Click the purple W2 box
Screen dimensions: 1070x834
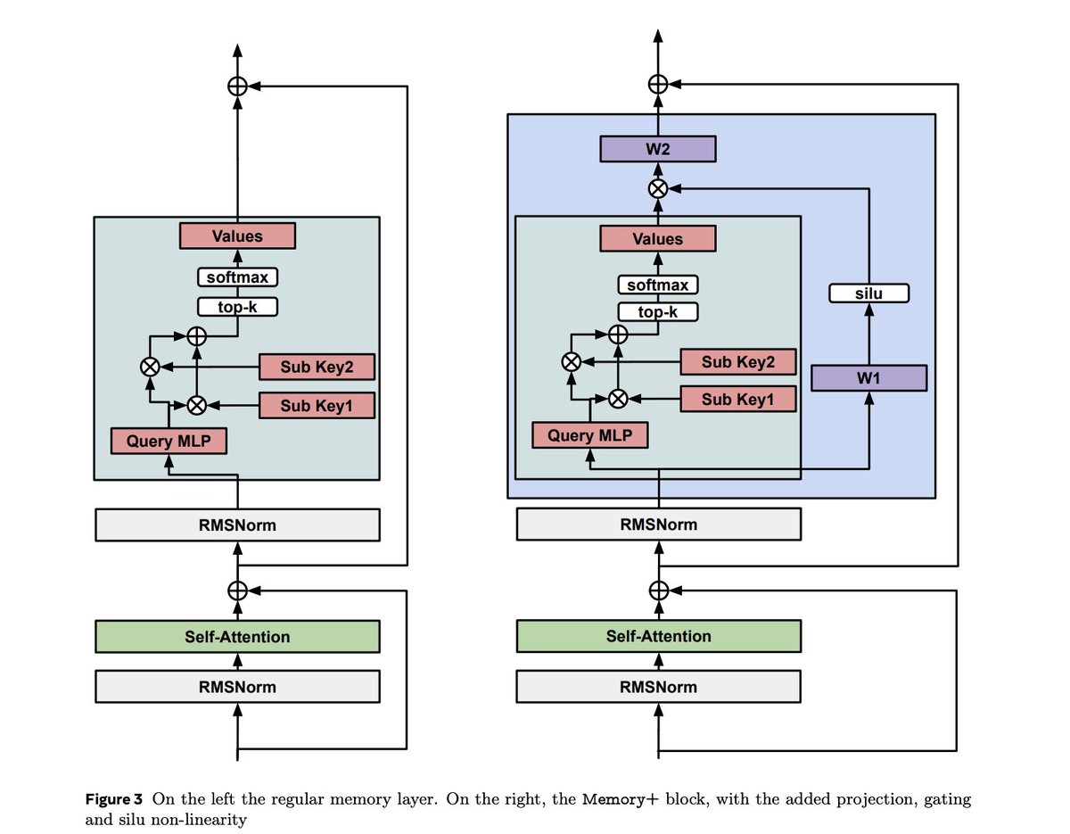pyautogui.click(x=657, y=149)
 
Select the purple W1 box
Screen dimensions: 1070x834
pyautogui.click(x=868, y=378)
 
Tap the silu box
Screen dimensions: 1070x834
pyautogui.click(x=868, y=293)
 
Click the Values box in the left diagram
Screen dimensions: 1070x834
pyautogui.click(x=237, y=236)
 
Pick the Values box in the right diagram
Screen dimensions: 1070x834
pyautogui.click(x=657, y=239)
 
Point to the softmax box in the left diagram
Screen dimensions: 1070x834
pyautogui.click(x=237, y=277)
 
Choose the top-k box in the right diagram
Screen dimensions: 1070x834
pyautogui.click(x=657, y=312)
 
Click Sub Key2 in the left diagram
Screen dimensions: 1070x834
pyautogui.click(x=317, y=367)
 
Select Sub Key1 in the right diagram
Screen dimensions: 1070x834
pyautogui.click(x=737, y=399)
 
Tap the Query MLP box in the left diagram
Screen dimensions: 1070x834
pyautogui.click(x=169, y=441)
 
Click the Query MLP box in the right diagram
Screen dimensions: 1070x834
pyautogui.click(x=589, y=435)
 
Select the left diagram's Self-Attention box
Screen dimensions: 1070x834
pyautogui.click(x=237, y=637)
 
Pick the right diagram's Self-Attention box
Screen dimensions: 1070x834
pyautogui.click(x=658, y=636)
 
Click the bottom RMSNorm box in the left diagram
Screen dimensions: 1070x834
pyautogui.click(x=237, y=687)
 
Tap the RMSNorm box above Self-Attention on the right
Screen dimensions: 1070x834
pyautogui.click(x=658, y=524)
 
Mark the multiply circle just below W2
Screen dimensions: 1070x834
pyautogui.click(x=658, y=189)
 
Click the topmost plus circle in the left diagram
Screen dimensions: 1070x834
pyautogui.click(x=237, y=87)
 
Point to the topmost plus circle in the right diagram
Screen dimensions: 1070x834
pyautogui.click(x=658, y=84)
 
